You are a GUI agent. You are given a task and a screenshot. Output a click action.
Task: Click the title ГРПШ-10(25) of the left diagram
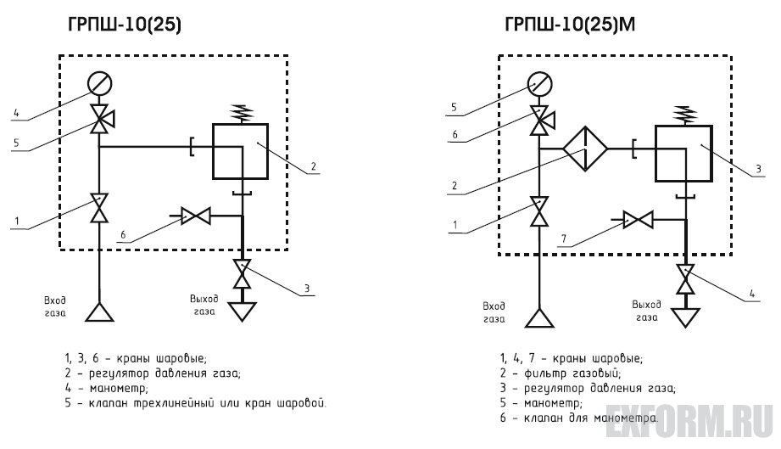pyautogui.click(x=125, y=26)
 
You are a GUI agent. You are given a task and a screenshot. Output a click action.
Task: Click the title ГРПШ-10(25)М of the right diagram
pyautogui.click(x=569, y=26)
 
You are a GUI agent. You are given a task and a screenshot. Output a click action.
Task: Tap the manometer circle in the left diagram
pyautogui.click(x=100, y=85)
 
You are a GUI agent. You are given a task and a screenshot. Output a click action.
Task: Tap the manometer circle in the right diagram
pyautogui.click(x=539, y=84)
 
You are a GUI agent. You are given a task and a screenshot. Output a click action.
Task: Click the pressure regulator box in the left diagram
pyautogui.click(x=240, y=150)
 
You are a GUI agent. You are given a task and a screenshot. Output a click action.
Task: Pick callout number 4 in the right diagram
pyautogui.click(x=751, y=295)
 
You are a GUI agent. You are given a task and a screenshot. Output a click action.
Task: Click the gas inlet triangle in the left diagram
pyautogui.click(x=100, y=311)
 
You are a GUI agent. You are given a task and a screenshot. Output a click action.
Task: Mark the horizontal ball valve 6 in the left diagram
pyautogui.click(x=197, y=216)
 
